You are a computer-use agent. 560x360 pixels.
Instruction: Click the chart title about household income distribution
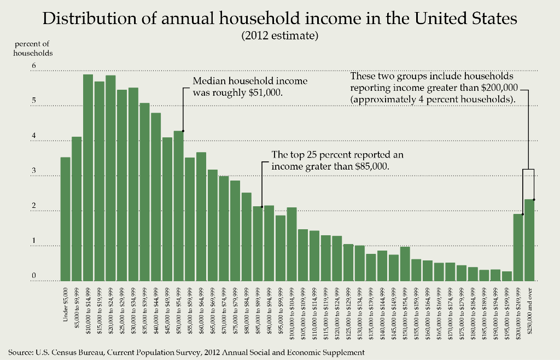(x=279, y=19)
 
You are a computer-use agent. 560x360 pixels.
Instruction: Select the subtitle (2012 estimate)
(x=279, y=37)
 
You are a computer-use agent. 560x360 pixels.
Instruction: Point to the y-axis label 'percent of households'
(x=33, y=48)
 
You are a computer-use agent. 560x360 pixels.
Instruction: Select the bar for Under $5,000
(x=65, y=219)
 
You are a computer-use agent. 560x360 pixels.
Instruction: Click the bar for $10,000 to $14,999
(x=87, y=178)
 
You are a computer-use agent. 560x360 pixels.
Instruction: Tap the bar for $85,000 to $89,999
(x=258, y=243)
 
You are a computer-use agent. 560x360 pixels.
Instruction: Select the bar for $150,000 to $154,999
(x=405, y=264)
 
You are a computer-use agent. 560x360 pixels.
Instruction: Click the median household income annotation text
(x=250, y=86)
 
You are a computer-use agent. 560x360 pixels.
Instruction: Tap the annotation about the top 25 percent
(x=337, y=160)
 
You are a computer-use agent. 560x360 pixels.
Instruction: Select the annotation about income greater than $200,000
(x=434, y=88)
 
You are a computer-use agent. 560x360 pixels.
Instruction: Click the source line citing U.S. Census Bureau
(x=186, y=351)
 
